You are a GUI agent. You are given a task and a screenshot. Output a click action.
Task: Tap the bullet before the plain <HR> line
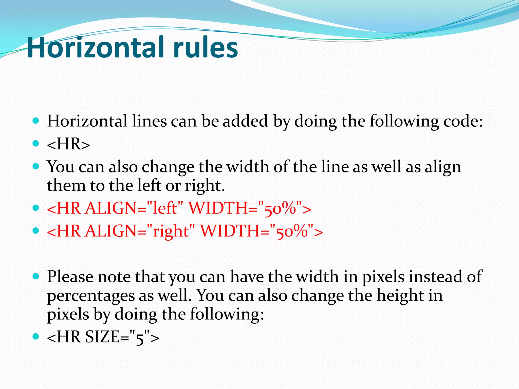36,144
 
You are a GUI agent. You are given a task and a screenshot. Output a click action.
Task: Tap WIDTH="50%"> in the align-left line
250,208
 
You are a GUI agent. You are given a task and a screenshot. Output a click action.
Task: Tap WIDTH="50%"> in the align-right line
261,231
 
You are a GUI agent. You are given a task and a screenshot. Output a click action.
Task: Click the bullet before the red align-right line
36,230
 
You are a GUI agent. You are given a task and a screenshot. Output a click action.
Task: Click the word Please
70,277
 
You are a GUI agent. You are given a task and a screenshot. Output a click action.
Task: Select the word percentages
91,296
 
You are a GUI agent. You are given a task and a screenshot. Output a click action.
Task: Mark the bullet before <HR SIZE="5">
36,336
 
